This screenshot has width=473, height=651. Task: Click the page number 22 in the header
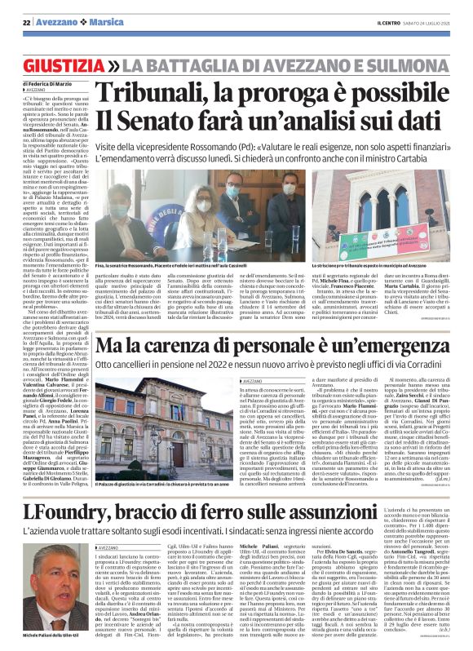(27, 23)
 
